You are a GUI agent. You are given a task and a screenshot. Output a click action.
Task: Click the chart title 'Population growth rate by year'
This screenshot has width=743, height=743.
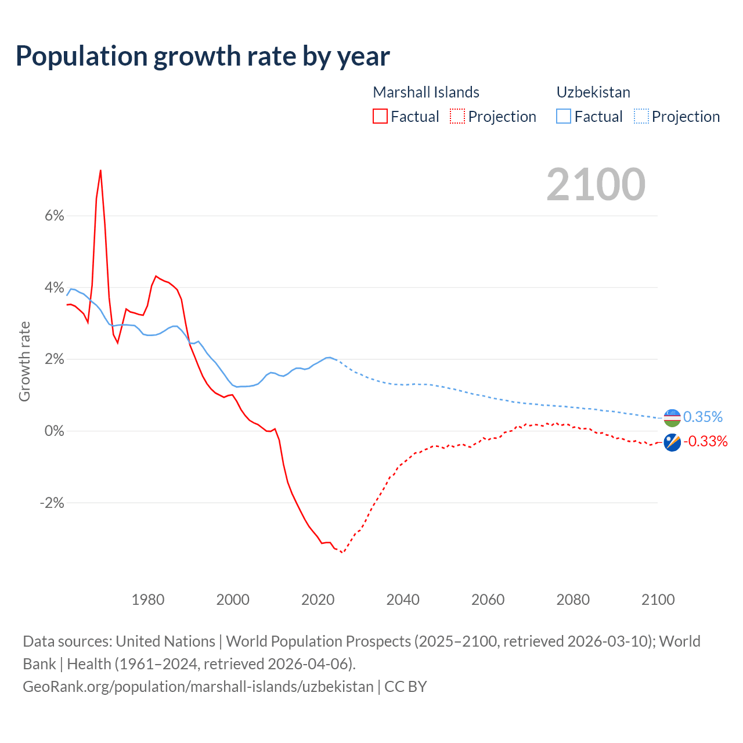203,56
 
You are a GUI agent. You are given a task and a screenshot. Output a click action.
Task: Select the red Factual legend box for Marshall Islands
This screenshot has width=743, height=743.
380,116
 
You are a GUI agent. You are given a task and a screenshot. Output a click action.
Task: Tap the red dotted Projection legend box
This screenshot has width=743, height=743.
457,116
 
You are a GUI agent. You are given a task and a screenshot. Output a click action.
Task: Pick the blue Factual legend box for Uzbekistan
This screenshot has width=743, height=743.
564,116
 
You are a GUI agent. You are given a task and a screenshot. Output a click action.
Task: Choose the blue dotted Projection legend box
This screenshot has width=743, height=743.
641,116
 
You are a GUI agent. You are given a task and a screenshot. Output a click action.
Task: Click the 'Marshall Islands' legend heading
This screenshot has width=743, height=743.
426,92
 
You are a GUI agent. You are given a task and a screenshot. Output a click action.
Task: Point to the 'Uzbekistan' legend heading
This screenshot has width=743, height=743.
593,92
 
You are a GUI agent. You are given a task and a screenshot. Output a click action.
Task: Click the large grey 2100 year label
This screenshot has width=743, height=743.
596,185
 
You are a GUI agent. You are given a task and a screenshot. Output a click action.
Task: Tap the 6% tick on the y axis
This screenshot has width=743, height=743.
54,216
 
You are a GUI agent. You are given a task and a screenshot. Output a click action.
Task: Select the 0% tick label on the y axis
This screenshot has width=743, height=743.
54,431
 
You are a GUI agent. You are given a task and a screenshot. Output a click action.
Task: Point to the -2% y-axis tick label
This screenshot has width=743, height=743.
52,503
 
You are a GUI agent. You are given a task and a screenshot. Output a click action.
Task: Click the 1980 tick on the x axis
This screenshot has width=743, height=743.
148,600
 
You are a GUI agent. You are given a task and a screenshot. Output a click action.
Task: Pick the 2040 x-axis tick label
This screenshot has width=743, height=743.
403,600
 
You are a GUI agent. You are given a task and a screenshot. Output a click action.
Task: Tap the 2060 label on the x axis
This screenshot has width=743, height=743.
488,600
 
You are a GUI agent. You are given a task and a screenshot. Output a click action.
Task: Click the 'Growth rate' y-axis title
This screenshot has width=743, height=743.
24,361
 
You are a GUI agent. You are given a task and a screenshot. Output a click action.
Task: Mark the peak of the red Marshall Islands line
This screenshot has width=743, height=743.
100,171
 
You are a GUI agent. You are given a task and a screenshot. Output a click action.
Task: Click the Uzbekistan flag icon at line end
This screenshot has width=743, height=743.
672,417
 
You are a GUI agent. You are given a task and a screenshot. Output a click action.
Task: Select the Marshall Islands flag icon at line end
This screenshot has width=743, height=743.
672,442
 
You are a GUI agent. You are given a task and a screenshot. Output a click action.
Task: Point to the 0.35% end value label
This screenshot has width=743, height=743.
703,417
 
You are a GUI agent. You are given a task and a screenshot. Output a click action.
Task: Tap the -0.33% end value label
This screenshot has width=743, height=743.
705,442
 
